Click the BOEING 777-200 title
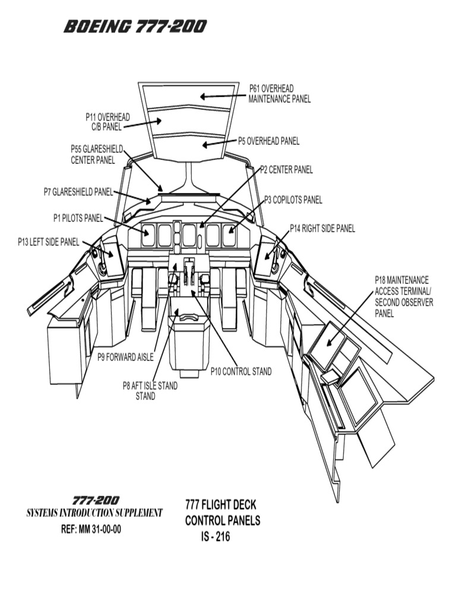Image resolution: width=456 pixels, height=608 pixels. [135, 27]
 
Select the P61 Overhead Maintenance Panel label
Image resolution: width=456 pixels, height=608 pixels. [279, 94]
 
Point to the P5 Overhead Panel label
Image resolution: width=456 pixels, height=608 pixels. [268, 141]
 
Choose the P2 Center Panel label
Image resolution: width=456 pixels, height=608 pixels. [287, 170]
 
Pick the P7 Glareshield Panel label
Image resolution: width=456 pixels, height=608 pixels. [78, 192]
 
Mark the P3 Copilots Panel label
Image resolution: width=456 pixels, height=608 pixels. [293, 200]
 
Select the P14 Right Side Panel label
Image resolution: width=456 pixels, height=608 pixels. [322, 229]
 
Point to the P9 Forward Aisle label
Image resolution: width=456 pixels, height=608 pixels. [125, 357]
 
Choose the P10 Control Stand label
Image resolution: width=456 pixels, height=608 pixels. [241, 372]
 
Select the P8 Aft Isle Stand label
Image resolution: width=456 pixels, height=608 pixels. [150, 391]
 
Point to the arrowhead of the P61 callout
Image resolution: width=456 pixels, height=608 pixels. [203, 96]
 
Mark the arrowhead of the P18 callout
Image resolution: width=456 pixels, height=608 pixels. [327, 346]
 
